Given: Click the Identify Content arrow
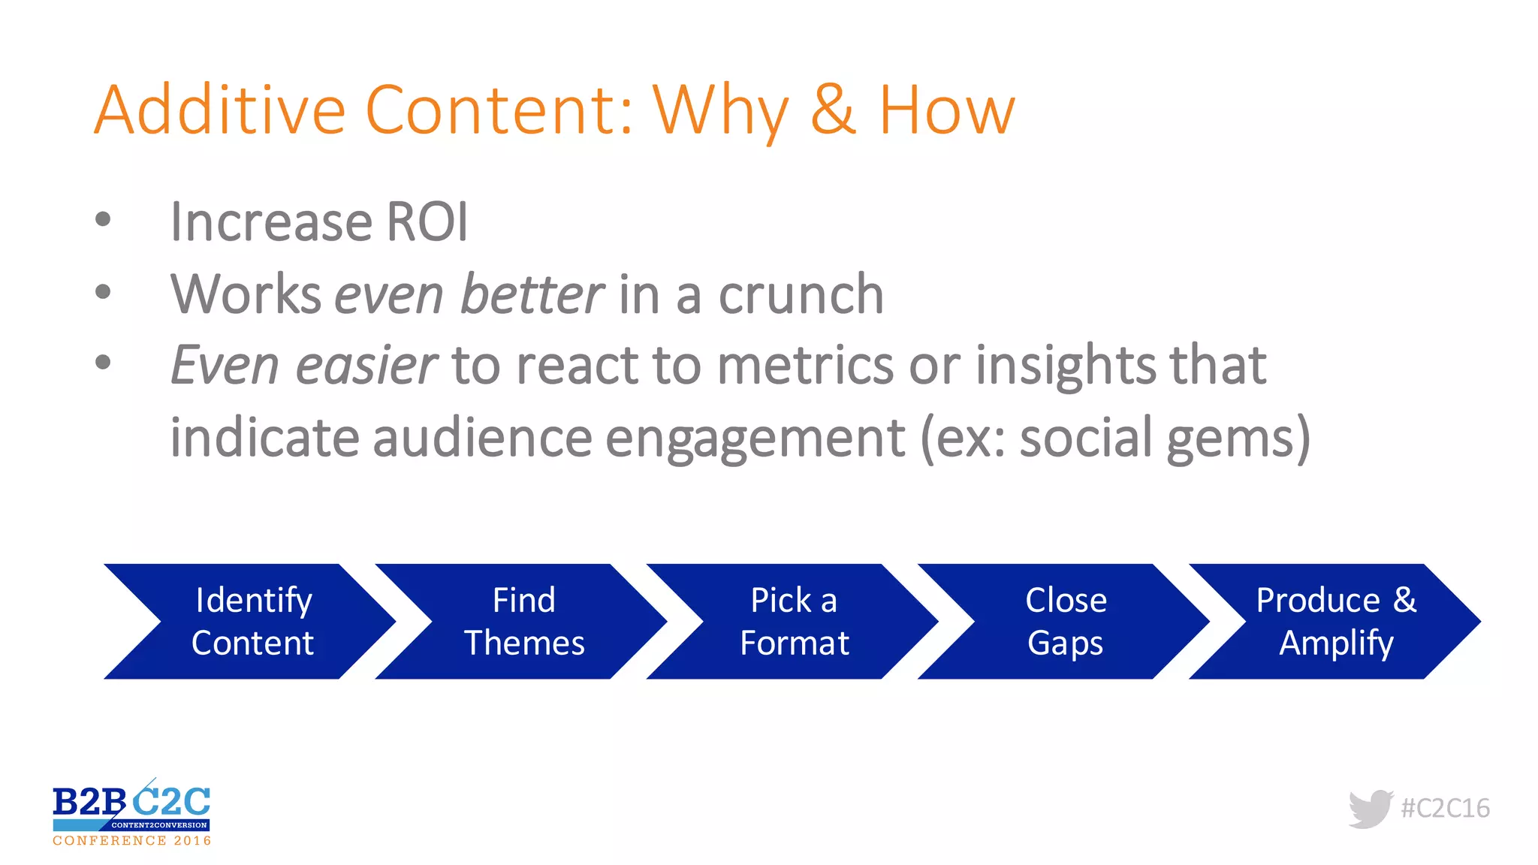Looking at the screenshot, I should [252, 622].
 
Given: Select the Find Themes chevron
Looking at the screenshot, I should [523, 622].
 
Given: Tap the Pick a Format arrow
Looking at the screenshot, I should [794, 622].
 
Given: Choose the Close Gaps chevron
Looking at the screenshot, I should [1065, 622].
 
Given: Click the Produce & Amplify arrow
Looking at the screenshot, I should [1336, 622].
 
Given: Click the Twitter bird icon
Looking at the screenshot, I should [1371, 809].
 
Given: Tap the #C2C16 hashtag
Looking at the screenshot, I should [1445, 809].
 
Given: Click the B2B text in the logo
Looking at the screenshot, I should [89, 803].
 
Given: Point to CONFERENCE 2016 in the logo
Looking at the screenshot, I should [131, 841].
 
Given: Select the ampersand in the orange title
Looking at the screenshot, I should [833, 110].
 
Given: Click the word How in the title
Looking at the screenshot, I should [946, 110].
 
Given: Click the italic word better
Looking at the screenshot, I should [532, 294].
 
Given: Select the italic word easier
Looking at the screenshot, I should [366, 366].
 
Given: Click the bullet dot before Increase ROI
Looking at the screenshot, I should [103, 220].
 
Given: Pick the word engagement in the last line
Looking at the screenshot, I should [755, 439].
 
